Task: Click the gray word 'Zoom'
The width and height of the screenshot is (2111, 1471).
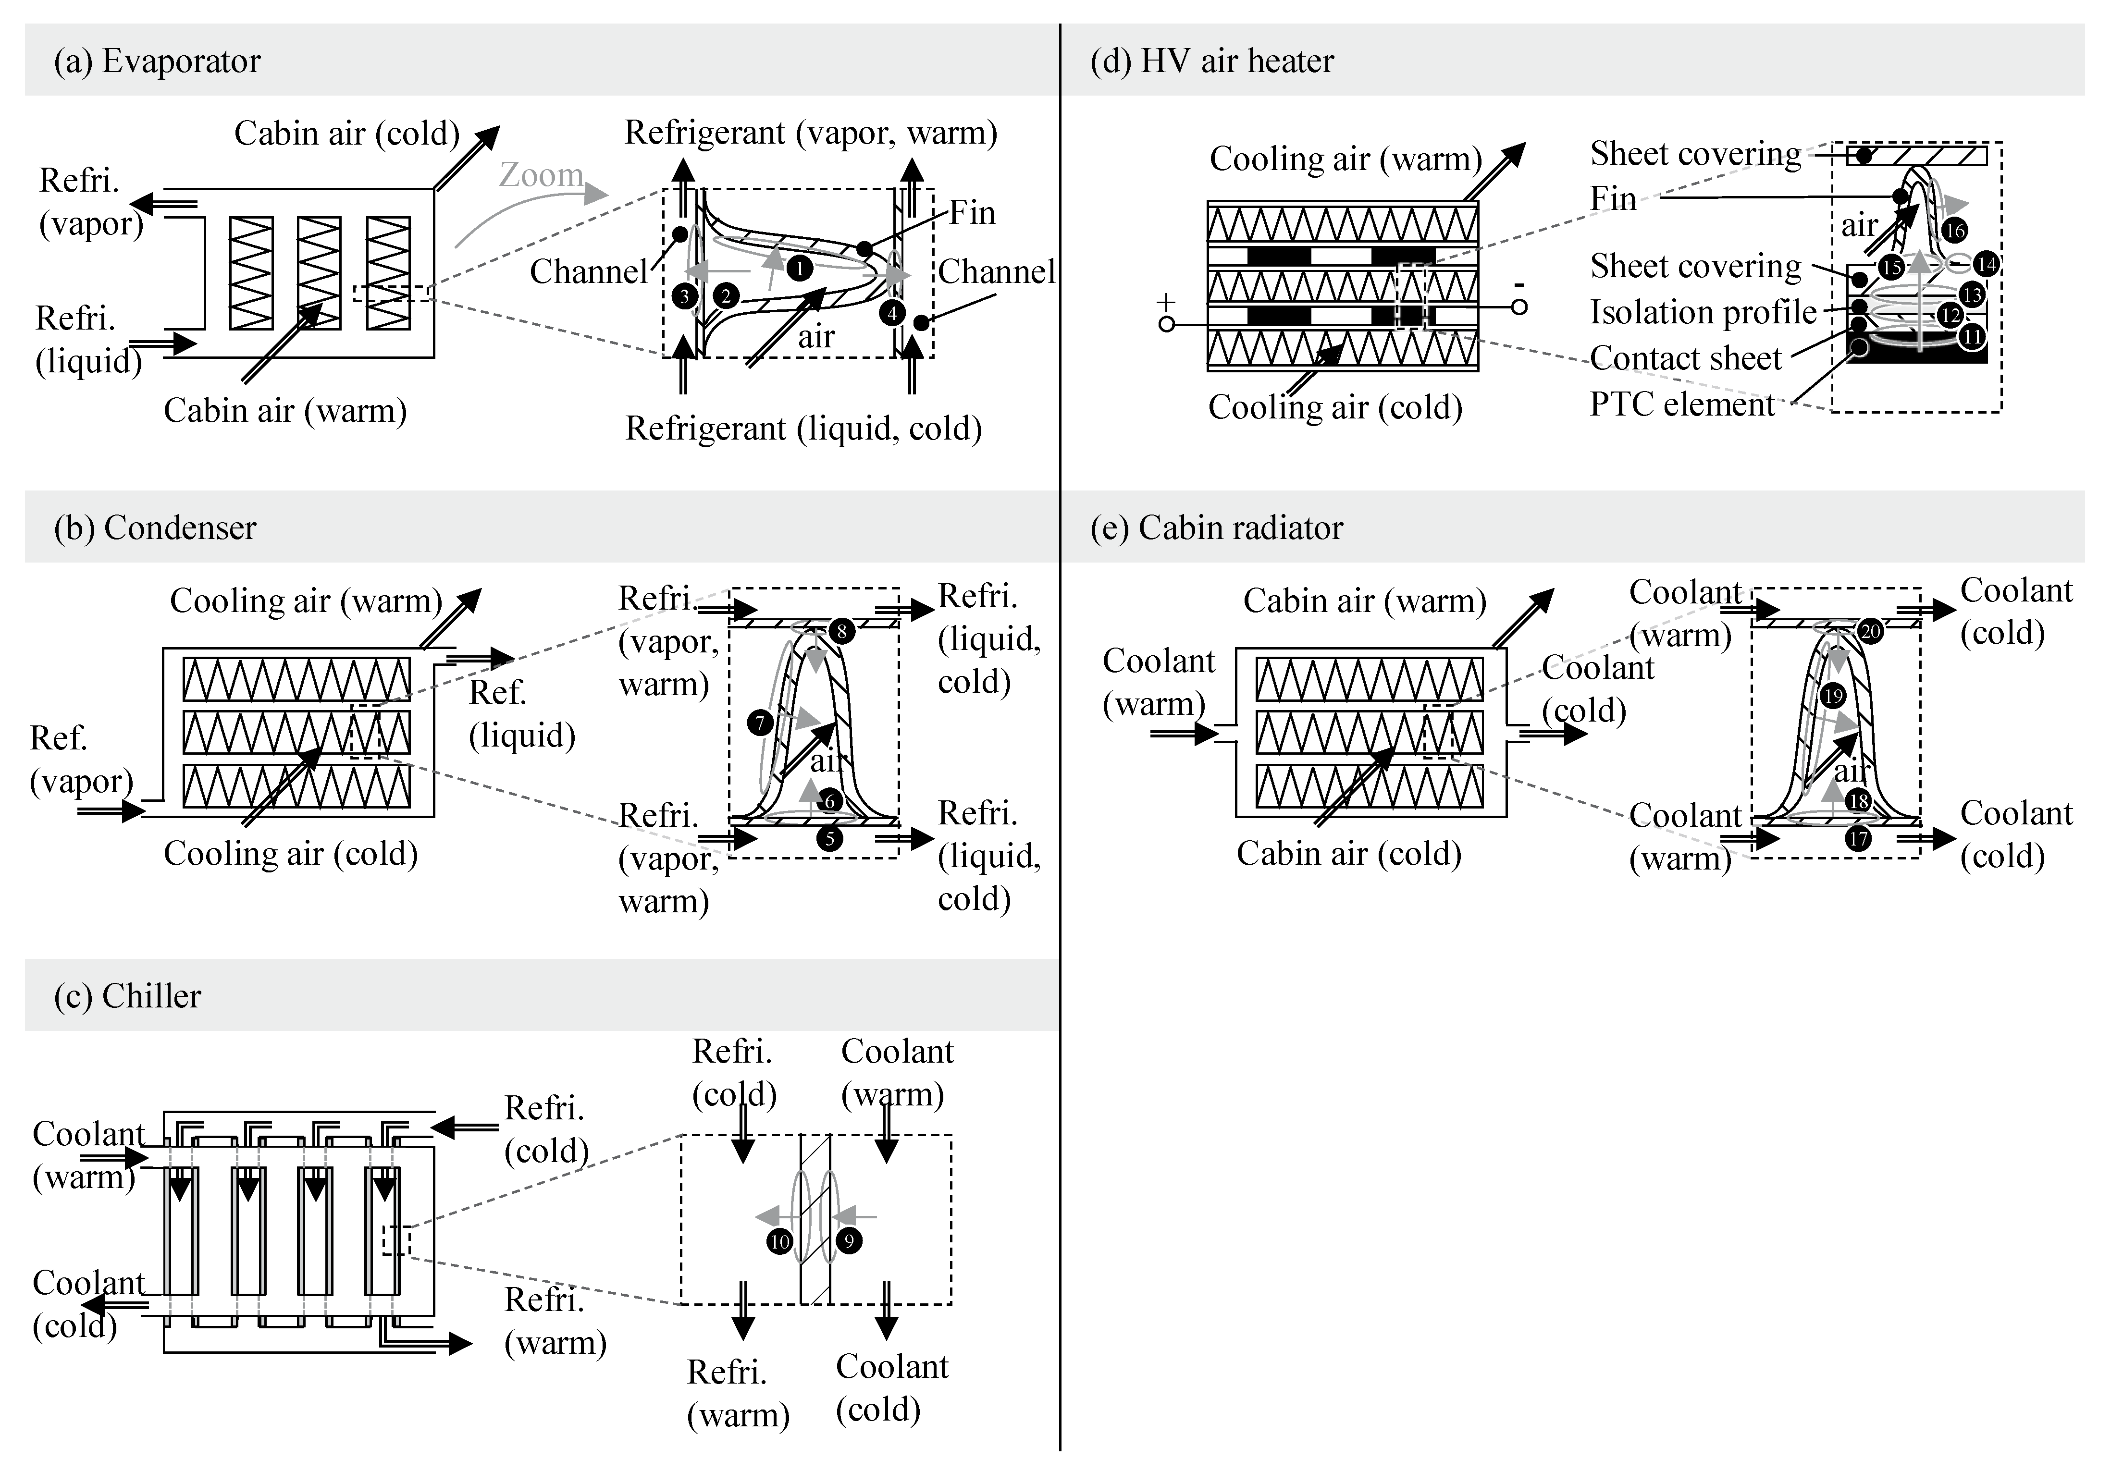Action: (x=541, y=175)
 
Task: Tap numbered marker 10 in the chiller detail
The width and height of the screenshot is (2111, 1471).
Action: (x=780, y=1241)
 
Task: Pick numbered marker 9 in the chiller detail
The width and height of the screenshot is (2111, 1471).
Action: (x=848, y=1241)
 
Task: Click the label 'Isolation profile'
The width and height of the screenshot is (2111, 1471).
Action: (x=1703, y=313)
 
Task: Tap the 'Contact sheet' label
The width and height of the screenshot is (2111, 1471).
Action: (x=1685, y=358)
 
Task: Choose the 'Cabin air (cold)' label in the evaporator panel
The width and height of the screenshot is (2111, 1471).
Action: (x=346, y=133)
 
